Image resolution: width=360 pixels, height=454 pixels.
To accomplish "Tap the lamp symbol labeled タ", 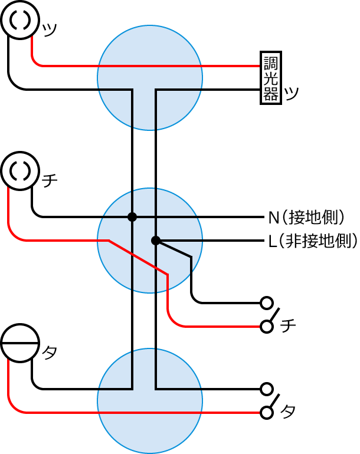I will (x=19, y=344).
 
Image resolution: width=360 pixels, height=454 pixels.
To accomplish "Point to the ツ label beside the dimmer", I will (x=291, y=93).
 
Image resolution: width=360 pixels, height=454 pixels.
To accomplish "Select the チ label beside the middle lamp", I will (x=50, y=180).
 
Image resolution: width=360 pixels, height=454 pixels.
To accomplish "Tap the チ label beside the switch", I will (x=289, y=325).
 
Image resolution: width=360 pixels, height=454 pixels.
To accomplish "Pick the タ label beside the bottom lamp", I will (x=50, y=353).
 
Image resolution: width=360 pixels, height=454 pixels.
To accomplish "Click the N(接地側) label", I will (x=306, y=217).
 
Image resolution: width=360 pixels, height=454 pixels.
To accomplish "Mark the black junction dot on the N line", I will (x=132, y=217).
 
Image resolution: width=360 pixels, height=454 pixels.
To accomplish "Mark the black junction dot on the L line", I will (x=155, y=241).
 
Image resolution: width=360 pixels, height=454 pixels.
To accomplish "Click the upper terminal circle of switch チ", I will (x=267, y=303).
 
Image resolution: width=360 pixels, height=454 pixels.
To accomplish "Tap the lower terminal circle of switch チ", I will (x=267, y=326).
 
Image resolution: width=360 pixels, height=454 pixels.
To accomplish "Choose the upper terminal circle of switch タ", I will (x=267, y=389).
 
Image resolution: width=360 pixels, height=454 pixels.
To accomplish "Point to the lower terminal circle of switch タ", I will (x=267, y=412).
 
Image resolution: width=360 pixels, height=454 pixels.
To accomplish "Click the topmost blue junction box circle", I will (x=150, y=77).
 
